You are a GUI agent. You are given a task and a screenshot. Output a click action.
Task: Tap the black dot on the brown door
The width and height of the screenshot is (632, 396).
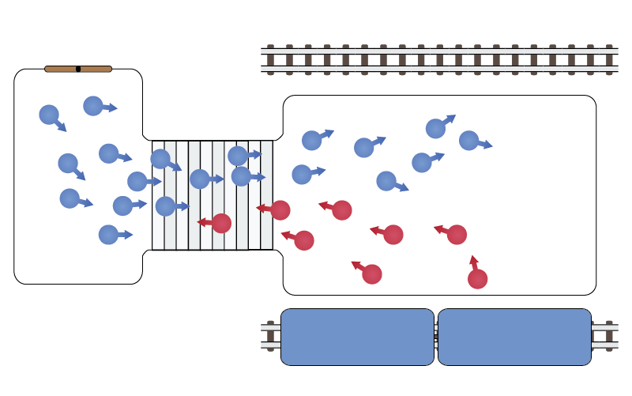(78, 69)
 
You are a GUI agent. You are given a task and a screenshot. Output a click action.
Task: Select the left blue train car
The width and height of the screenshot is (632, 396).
(357, 337)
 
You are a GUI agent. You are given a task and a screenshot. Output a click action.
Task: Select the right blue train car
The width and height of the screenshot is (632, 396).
(514, 337)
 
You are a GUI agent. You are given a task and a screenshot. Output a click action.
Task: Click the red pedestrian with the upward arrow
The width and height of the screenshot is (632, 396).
(477, 279)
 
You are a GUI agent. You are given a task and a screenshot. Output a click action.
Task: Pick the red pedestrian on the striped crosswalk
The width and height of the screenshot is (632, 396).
(221, 224)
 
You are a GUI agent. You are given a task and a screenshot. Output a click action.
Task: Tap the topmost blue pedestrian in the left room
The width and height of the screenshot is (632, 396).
(93, 106)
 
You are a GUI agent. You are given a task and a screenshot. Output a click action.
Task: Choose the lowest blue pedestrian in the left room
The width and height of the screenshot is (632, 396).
(108, 235)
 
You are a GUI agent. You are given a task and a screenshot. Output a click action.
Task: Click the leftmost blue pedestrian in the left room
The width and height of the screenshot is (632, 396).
(49, 115)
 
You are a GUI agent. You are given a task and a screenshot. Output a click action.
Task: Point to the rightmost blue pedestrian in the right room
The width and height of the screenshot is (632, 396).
(468, 141)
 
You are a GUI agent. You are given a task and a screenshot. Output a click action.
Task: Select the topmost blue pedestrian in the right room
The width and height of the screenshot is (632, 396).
(435, 129)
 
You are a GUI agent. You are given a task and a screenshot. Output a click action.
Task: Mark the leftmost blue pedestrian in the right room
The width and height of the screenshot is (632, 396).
(302, 175)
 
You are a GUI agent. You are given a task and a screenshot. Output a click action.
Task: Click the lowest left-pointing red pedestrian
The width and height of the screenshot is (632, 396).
(372, 274)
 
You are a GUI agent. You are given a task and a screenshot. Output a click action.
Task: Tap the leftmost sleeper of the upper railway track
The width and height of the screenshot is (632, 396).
(270, 59)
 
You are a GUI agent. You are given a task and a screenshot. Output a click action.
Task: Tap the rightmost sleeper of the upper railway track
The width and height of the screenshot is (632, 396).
(608, 59)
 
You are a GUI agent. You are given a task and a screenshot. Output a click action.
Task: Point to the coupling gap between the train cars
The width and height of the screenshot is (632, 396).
(436, 337)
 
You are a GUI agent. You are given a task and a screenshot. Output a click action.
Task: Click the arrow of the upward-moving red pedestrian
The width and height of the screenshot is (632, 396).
(473, 262)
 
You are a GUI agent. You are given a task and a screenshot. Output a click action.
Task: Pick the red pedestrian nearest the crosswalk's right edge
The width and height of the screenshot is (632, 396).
(280, 210)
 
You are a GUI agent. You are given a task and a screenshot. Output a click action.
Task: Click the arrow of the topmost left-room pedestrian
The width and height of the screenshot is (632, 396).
(111, 107)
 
